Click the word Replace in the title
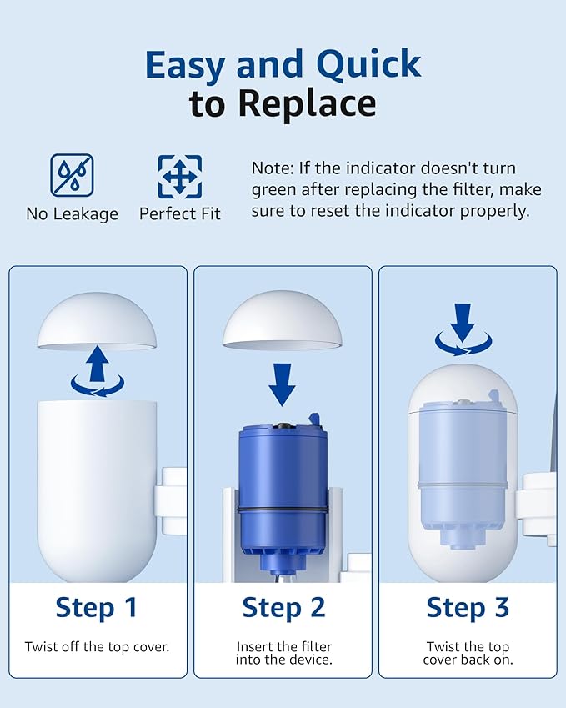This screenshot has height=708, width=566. (x=306, y=103)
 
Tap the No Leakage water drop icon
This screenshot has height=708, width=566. (x=72, y=175)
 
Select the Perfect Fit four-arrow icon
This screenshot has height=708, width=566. (x=179, y=175)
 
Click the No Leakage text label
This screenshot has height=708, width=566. (x=72, y=214)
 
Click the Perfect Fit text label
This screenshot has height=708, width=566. (x=179, y=214)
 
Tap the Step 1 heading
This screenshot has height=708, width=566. (x=97, y=607)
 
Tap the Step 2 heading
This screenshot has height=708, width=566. (x=283, y=607)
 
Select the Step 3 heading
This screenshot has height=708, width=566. (x=468, y=607)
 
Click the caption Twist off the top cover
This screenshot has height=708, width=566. (x=97, y=646)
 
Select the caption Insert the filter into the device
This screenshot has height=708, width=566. (x=283, y=653)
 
